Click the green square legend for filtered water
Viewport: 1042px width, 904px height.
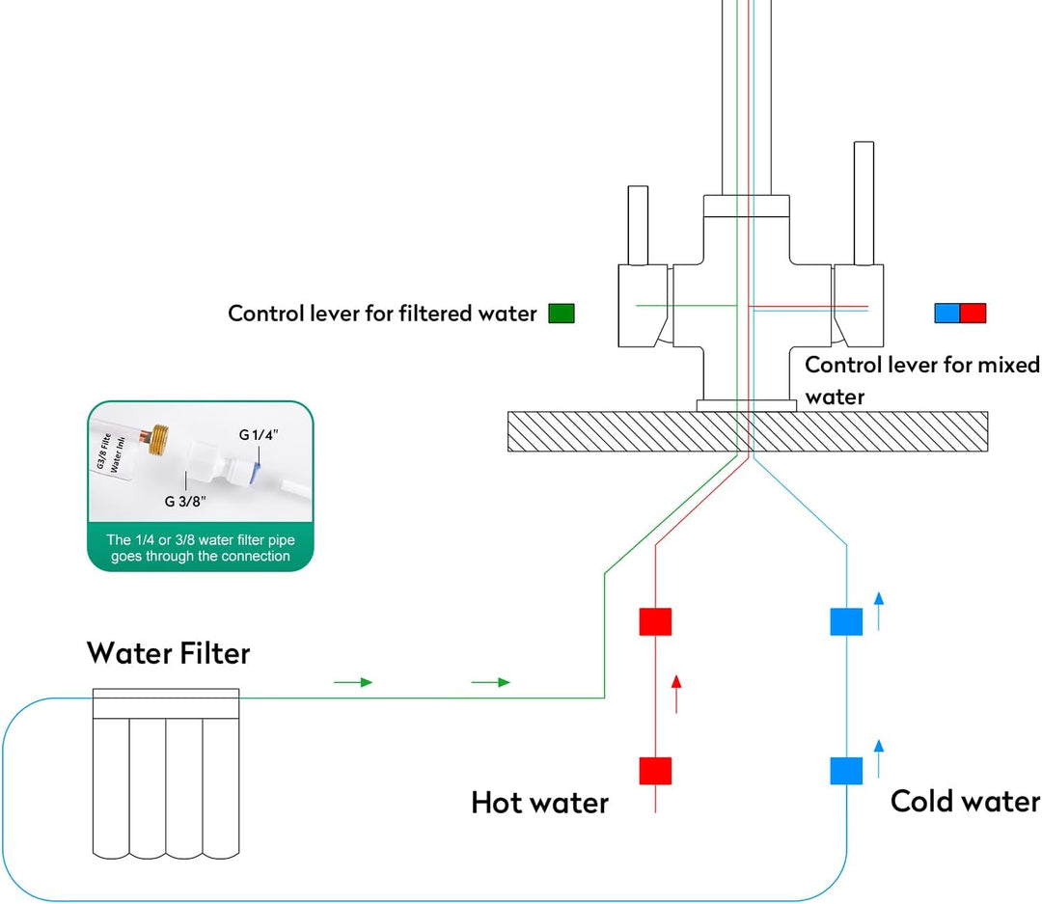(561, 314)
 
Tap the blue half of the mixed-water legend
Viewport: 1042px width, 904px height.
(946, 314)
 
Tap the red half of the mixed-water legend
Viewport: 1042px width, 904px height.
(973, 314)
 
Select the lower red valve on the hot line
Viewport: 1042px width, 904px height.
(655, 771)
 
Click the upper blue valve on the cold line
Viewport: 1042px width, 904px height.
(846, 622)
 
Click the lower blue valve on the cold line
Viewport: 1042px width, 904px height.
(846, 771)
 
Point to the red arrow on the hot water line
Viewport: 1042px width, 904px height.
(676, 694)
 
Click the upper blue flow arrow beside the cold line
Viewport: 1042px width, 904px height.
(878, 612)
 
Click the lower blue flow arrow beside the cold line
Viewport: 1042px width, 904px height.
(878, 757)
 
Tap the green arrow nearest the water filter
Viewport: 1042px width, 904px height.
(353, 682)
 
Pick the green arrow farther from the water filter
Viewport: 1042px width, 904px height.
(490, 682)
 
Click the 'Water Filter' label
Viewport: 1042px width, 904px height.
(169, 653)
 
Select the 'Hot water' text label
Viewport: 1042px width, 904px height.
(539, 803)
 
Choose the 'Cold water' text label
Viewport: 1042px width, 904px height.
(965, 801)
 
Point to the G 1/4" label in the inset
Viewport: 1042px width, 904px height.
(259, 435)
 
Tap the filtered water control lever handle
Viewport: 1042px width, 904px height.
(638, 224)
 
